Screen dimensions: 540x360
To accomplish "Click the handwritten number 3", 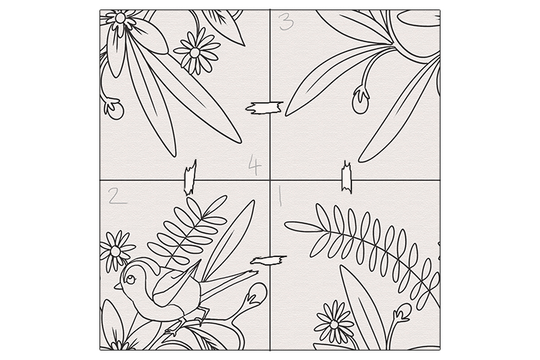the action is [286, 22].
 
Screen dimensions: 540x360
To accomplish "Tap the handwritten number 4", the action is [255, 165].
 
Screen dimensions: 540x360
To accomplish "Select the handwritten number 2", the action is [117, 196].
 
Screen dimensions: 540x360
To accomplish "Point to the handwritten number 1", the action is [280, 196].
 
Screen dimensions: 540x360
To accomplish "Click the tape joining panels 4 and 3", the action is [264, 108].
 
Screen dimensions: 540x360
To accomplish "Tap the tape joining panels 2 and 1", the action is [269, 260].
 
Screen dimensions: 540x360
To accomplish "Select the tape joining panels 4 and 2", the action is [190, 178].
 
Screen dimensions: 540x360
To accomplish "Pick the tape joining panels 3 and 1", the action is [346, 177].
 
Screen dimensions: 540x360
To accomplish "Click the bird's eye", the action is [130, 279].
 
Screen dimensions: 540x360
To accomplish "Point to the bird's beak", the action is [118, 286].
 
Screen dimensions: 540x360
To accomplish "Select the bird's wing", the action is [176, 284].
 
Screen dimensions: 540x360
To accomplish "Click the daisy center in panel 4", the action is [194, 53].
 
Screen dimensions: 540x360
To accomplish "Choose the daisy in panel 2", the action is [117, 251].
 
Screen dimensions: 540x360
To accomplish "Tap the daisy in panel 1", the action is [333, 324].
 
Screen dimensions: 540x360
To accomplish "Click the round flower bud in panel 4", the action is [114, 109].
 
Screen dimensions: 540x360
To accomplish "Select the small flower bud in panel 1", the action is [402, 312].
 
